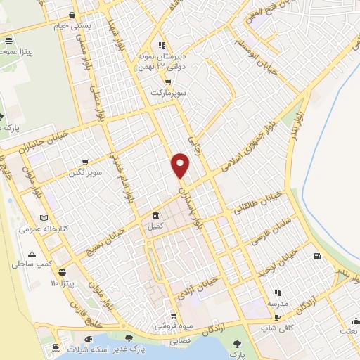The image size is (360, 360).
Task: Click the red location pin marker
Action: click(x=181, y=165)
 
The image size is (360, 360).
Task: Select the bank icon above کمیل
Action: click(x=155, y=216)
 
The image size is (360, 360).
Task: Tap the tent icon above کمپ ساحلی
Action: click(x=31, y=254)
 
